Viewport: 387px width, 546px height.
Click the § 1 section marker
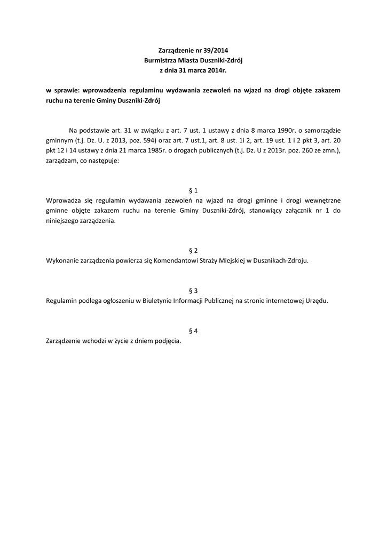tap(193, 191)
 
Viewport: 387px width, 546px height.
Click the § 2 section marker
tap(193, 251)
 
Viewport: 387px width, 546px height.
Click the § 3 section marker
tap(193, 291)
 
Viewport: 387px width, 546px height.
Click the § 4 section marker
tap(193, 331)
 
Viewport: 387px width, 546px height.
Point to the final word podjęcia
tap(168, 341)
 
